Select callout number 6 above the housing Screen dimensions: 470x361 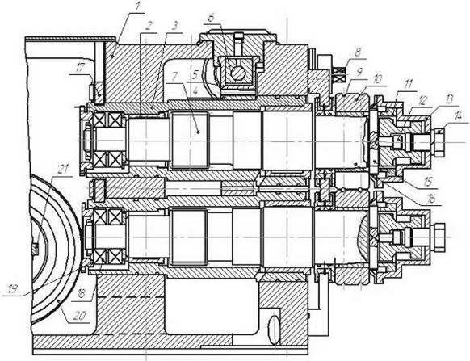coord(211,18)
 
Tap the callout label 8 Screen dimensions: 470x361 coord(357,53)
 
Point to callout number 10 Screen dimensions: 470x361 coord(378,79)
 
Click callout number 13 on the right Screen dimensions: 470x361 coord(449,100)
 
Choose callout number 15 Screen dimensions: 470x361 coord(429,183)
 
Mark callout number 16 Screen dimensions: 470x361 coord(431,199)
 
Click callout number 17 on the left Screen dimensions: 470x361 coord(78,69)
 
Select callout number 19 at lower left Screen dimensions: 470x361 coord(13,289)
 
